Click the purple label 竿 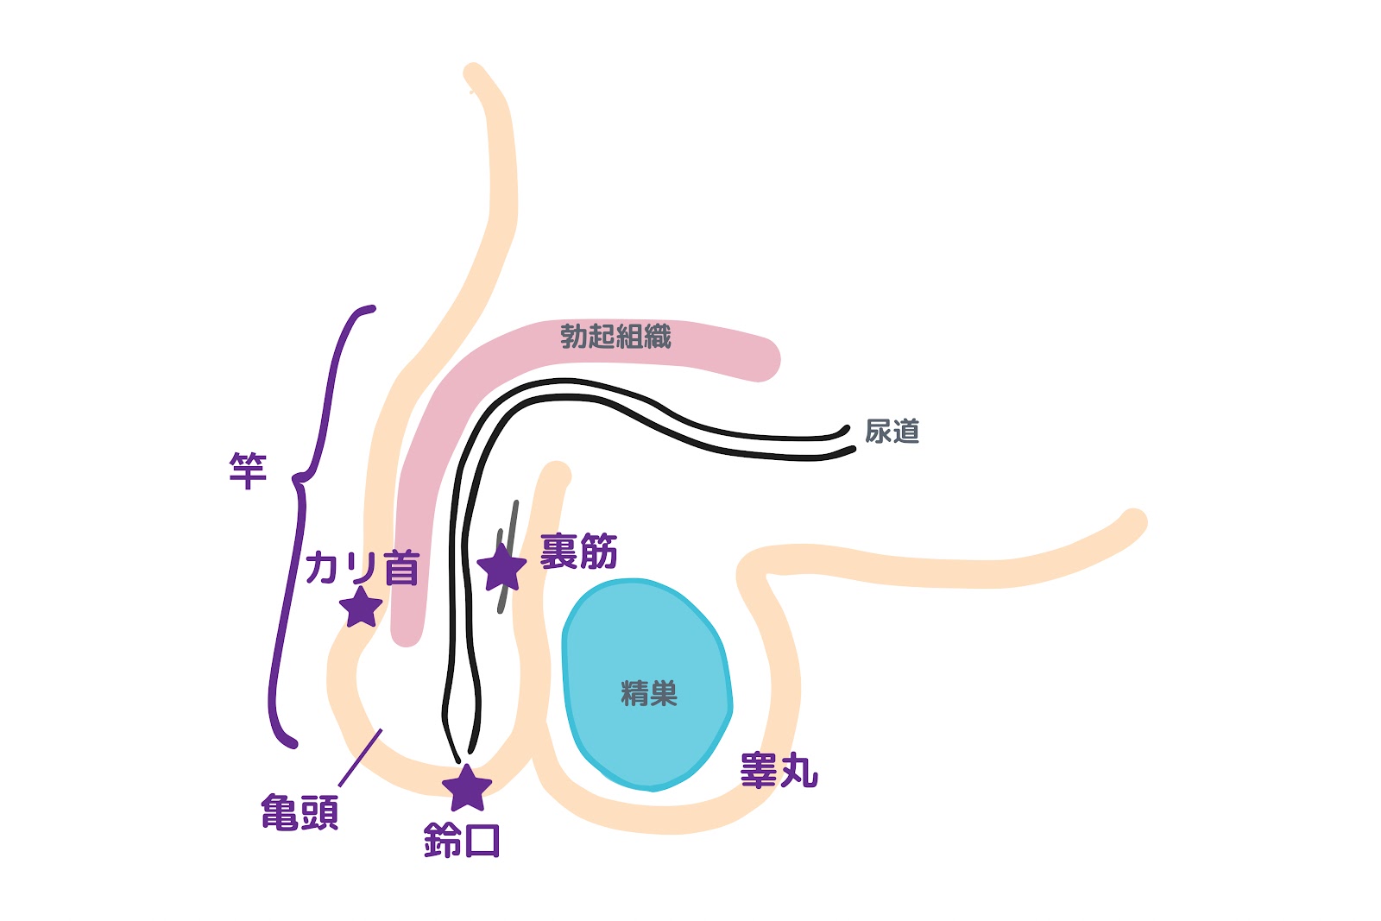click(x=248, y=470)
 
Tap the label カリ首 click(x=363, y=568)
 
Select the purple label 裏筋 click(x=578, y=552)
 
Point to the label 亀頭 click(x=300, y=812)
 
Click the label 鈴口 click(x=462, y=840)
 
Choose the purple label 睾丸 click(x=779, y=770)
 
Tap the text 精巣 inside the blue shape click(x=649, y=693)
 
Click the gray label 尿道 click(x=892, y=431)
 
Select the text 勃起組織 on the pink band click(x=615, y=336)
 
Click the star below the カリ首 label click(x=361, y=608)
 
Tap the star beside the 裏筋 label click(x=501, y=568)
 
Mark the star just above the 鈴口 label click(x=466, y=788)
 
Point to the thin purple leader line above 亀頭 click(x=360, y=758)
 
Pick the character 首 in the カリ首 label click(x=401, y=568)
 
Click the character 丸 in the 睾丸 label click(x=798, y=770)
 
